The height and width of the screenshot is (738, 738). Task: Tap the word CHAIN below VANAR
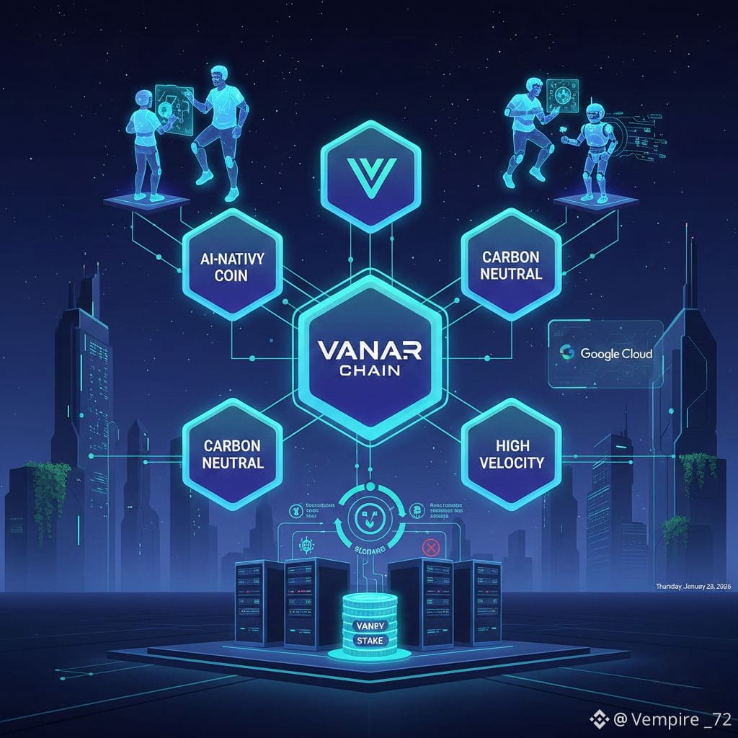pos(368,372)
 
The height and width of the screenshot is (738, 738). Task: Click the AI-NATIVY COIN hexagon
pos(231,267)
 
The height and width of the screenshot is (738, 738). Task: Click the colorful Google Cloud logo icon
pos(567,353)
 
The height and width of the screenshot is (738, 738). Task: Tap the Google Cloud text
pos(615,354)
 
